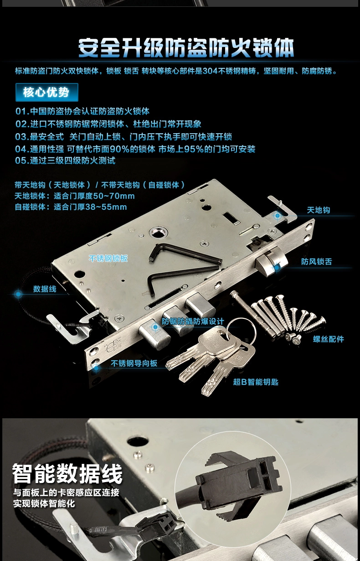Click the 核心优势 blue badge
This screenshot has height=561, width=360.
47,92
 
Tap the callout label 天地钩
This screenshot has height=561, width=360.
318,210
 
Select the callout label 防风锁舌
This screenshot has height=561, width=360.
316,262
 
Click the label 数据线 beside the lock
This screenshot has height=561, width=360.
45,289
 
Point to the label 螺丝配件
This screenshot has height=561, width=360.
329,339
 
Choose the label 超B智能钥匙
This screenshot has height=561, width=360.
256,382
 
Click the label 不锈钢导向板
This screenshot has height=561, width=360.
134,364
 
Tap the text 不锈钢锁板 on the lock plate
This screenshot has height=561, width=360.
108,259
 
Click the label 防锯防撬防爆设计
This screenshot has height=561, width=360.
193,322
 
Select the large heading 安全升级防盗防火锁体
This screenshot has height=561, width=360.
186,47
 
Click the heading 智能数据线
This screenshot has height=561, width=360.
67,473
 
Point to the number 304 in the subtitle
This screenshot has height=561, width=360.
210,71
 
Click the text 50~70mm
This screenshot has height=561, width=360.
114,196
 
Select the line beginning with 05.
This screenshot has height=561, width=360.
65,161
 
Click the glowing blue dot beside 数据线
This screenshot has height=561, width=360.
18,294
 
